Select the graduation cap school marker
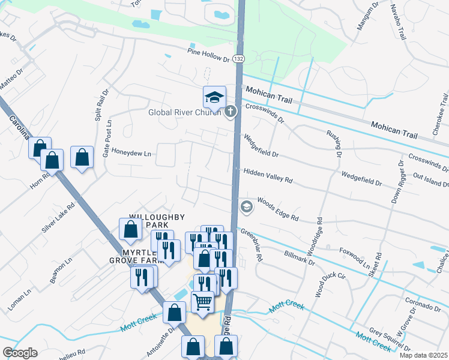214,97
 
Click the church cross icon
231,112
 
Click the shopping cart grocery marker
203,302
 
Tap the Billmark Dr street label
300,258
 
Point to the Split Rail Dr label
100,106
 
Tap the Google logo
20,353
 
